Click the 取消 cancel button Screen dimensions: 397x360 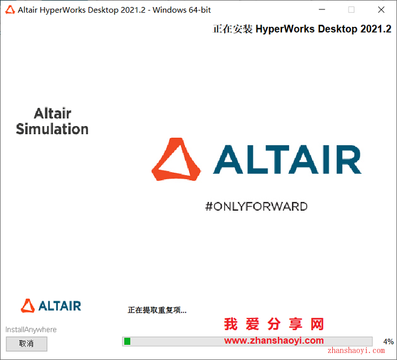[27, 344]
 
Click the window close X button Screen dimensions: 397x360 [381, 10]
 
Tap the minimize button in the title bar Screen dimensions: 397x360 [322, 9]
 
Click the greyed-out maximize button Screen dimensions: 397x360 [351, 10]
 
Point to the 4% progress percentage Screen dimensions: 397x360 [388, 342]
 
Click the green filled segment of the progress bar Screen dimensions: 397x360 [127, 341]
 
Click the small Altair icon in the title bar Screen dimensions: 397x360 [10, 10]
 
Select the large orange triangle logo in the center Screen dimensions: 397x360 [176, 159]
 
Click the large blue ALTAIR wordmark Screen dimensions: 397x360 [287, 159]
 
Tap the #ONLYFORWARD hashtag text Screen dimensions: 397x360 [256, 207]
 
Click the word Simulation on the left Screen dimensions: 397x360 [52, 129]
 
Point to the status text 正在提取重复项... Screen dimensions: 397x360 [157, 310]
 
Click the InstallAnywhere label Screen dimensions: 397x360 [31, 330]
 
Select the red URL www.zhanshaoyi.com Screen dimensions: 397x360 [274, 341]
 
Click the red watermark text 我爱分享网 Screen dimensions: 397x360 [274, 324]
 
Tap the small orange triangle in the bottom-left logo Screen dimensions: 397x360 [27, 306]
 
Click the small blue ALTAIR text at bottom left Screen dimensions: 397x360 [60, 306]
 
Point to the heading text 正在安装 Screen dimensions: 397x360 [233, 29]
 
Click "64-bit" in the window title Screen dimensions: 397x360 [200, 10]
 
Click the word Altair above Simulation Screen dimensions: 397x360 [53, 113]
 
